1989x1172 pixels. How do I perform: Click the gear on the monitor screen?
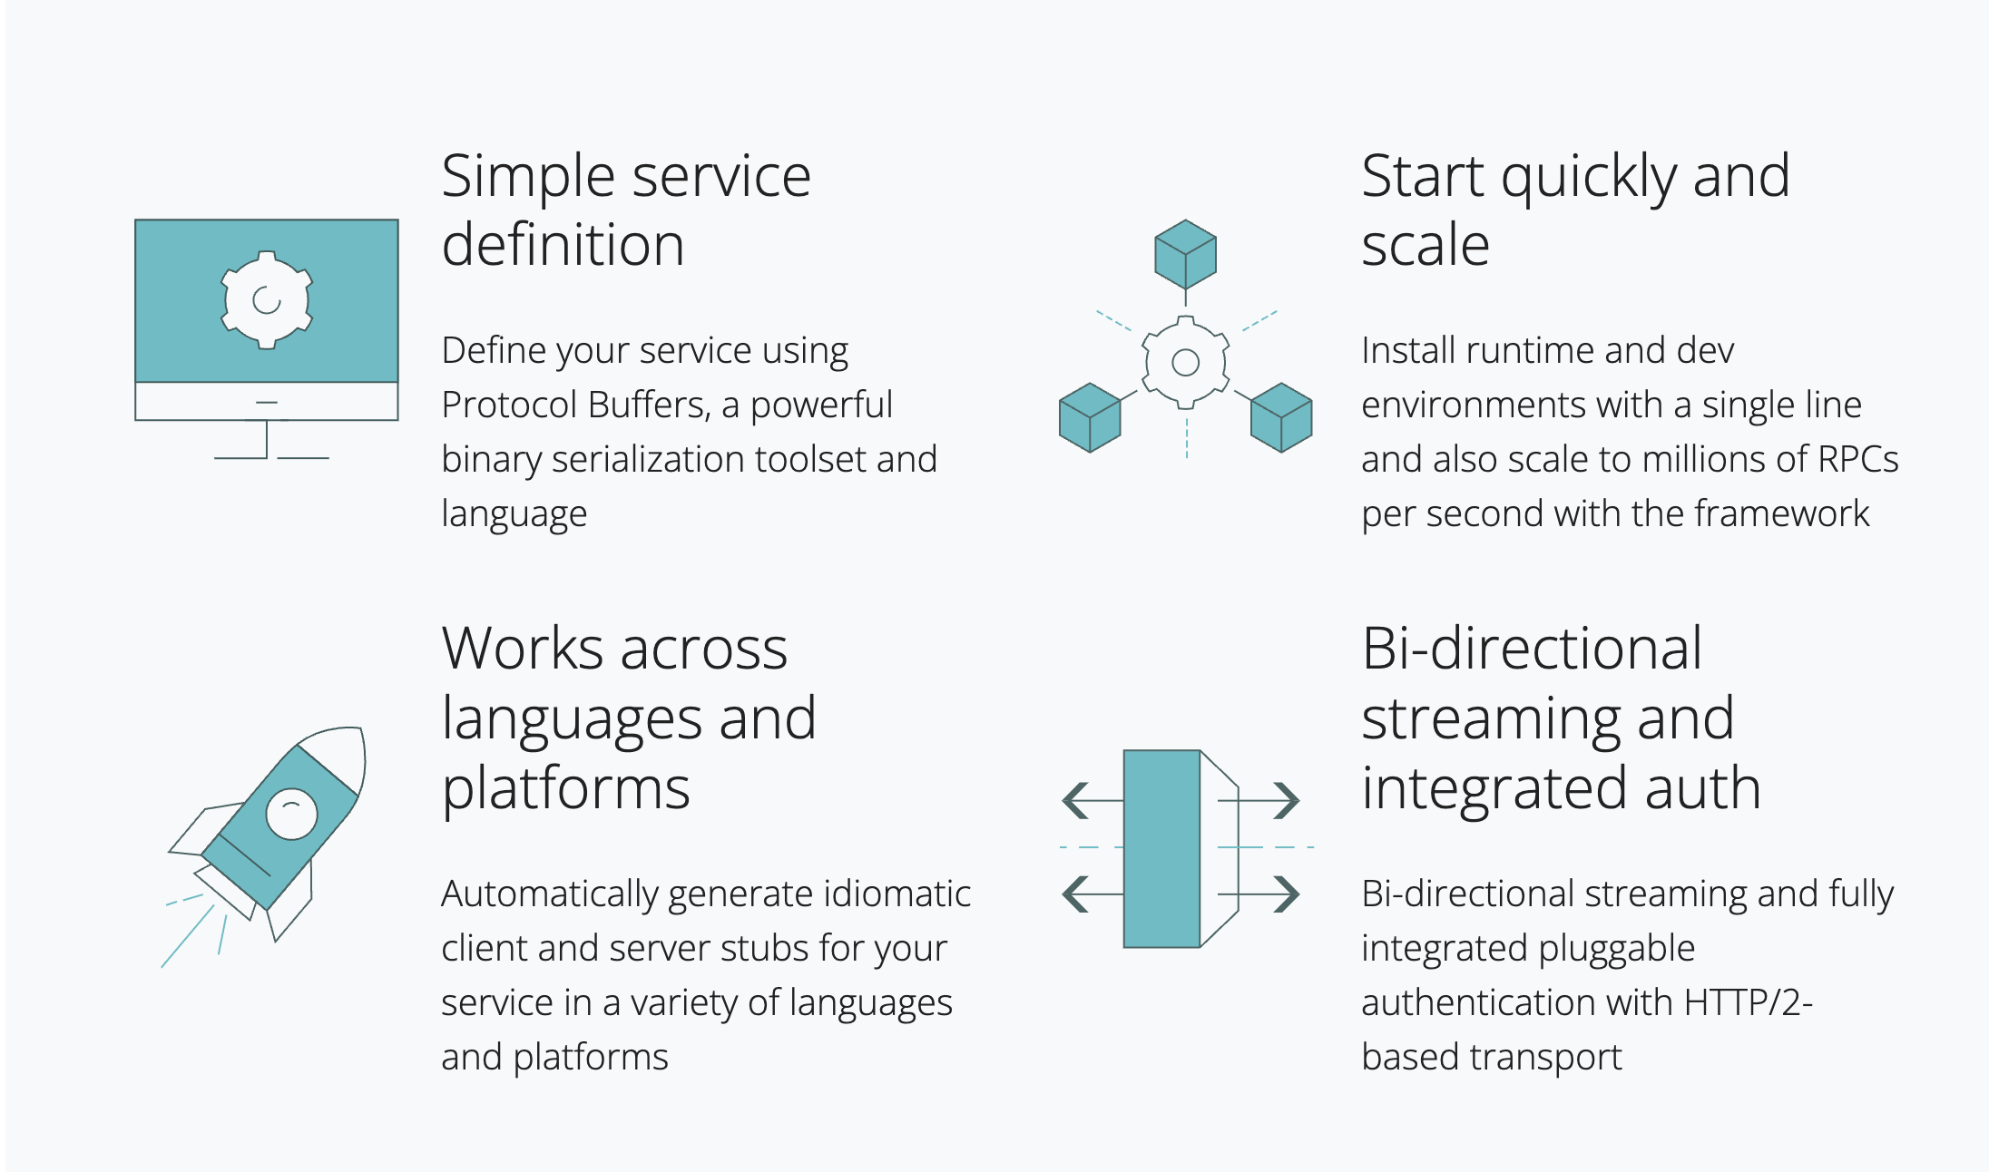(x=267, y=299)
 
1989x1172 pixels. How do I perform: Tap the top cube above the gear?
(x=1185, y=254)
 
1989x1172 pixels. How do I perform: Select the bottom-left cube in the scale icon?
(x=1090, y=417)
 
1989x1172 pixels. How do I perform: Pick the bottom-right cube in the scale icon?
(x=1281, y=417)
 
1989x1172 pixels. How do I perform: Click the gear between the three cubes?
(x=1185, y=363)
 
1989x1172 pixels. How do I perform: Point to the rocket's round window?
(x=291, y=814)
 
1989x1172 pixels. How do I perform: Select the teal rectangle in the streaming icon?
(x=1161, y=848)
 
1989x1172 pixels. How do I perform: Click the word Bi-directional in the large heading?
(x=1532, y=649)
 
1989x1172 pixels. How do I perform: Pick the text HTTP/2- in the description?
(x=1748, y=1003)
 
